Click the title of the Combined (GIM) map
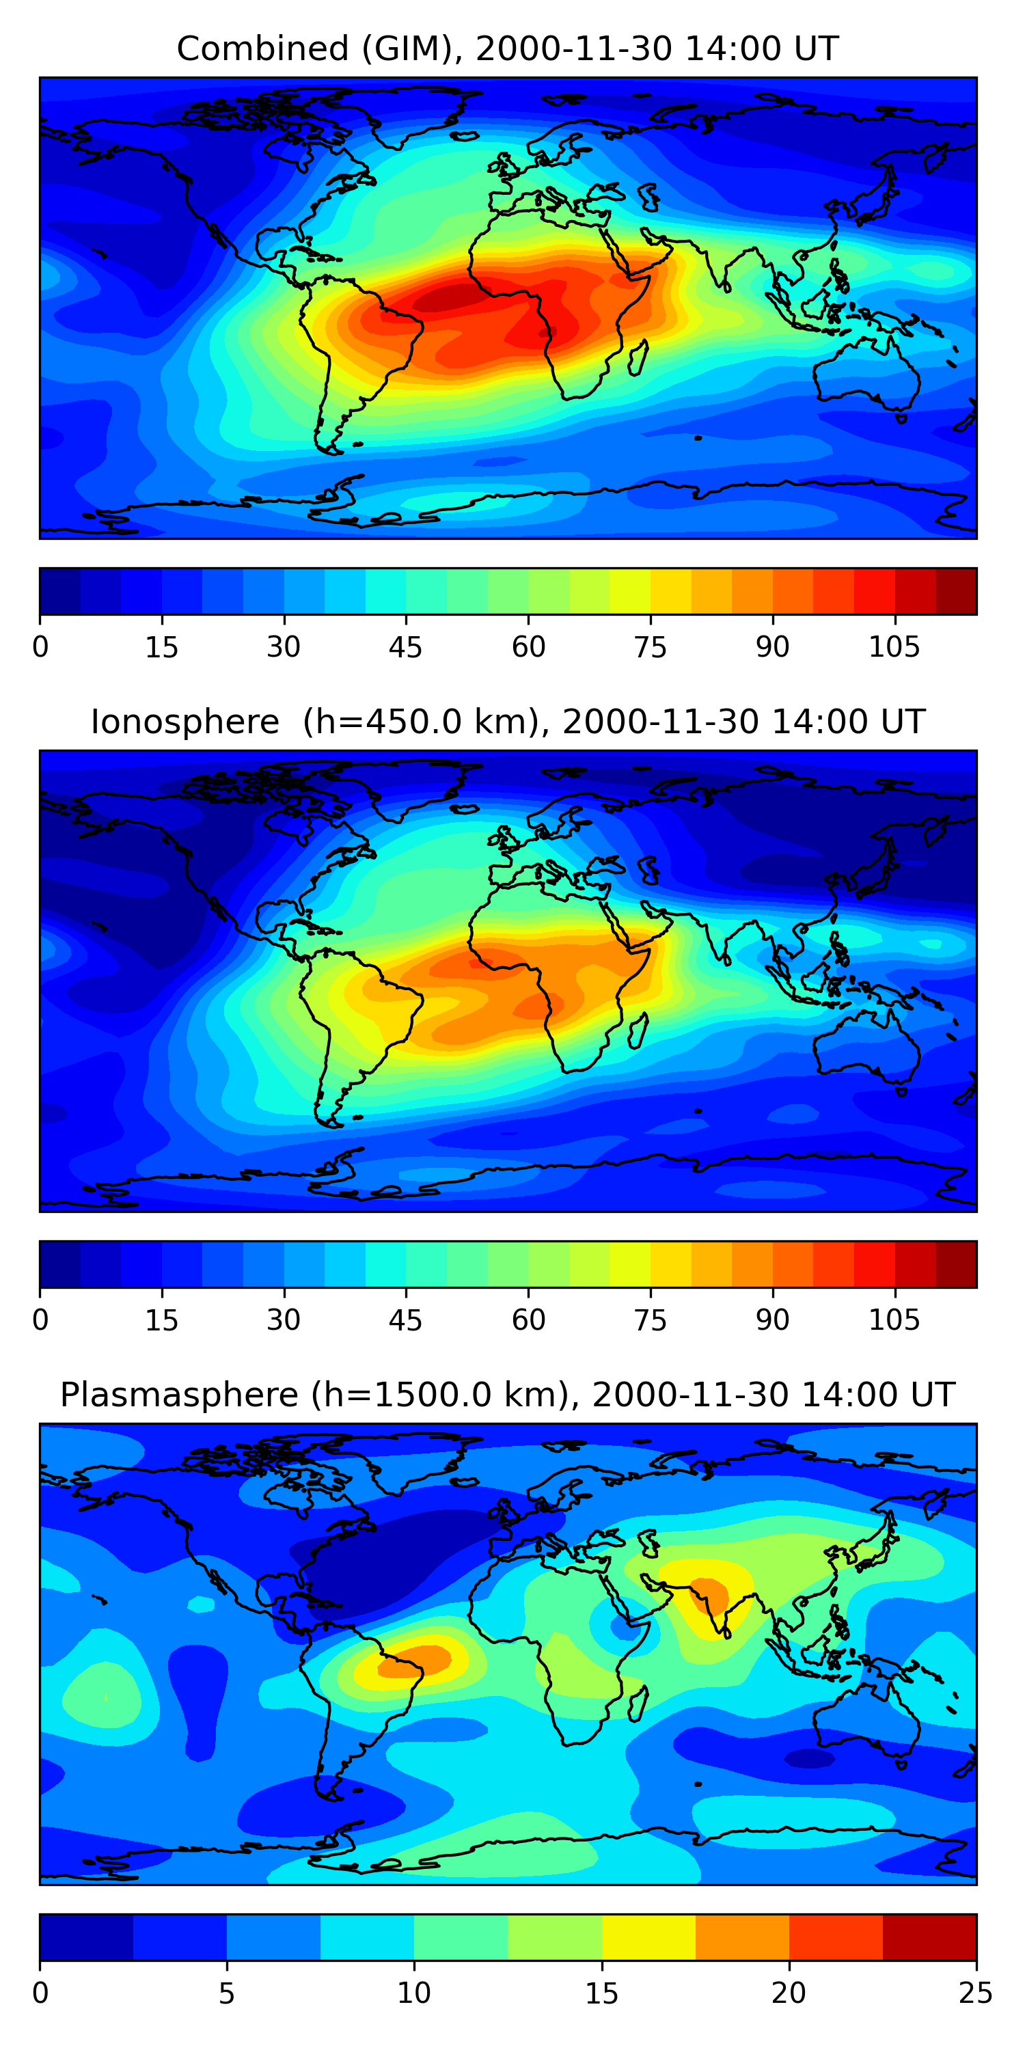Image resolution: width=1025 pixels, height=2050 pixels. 508,49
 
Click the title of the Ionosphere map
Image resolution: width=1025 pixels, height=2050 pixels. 508,722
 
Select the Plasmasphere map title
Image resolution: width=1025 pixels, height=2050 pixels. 508,1395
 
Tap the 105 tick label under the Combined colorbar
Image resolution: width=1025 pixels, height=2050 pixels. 894,647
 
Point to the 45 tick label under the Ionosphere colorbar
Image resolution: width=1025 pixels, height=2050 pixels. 405,1320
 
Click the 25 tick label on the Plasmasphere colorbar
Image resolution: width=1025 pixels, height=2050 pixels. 976,1993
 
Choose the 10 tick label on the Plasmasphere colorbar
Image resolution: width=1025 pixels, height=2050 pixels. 414,1993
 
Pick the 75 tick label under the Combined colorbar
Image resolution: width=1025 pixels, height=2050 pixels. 650,647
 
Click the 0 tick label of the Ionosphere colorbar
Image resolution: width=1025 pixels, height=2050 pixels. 40,1320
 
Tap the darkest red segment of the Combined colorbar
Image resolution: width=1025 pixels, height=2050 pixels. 956,591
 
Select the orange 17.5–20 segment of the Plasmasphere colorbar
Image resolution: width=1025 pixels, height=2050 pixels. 741,1937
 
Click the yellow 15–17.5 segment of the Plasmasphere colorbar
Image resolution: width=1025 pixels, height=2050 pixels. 648,1937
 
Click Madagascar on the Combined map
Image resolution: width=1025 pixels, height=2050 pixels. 638,357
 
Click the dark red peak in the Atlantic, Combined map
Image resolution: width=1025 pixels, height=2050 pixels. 446,299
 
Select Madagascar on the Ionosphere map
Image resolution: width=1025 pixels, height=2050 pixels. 638,1030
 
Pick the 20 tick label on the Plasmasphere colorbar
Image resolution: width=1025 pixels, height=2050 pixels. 789,1993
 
